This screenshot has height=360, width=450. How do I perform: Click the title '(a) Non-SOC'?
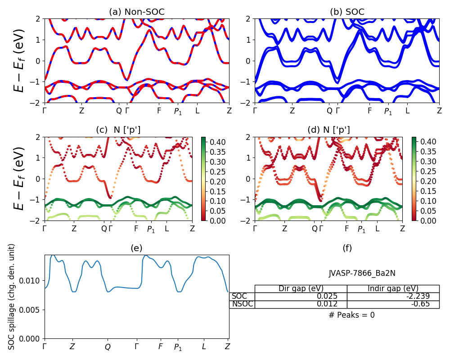[x=137, y=12]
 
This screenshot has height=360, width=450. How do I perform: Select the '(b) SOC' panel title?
[x=347, y=12]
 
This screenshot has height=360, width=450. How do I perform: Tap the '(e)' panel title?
[x=136, y=248]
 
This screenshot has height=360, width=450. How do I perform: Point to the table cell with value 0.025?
[x=301, y=296]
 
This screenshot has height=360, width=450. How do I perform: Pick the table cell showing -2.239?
[x=393, y=296]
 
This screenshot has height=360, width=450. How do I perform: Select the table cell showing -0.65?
[x=393, y=304]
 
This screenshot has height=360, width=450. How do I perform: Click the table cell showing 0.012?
[x=301, y=304]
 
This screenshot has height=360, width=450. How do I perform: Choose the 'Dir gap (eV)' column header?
[x=301, y=288]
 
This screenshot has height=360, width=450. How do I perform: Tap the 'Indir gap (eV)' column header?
[x=393, y=288]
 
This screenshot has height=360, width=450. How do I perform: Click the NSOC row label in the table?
[x=242, y=304]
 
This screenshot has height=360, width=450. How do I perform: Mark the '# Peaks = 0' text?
[x=351, y=315]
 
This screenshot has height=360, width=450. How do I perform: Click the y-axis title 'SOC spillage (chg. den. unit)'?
[x=12, y=297]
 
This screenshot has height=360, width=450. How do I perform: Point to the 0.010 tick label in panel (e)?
[x=32, y=281]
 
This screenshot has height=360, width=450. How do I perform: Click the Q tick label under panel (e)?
[x=108, y=347]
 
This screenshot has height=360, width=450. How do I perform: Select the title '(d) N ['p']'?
[x=328, y=130]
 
